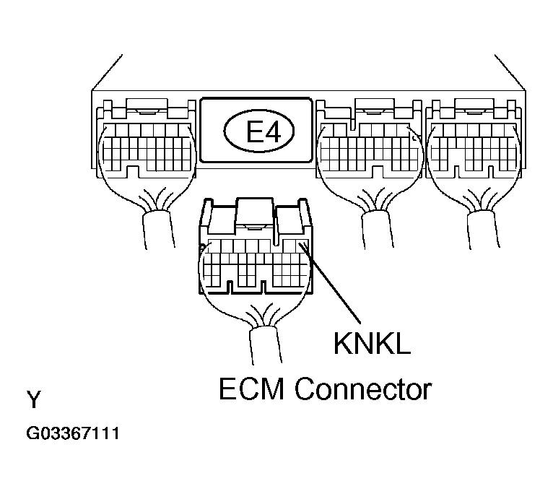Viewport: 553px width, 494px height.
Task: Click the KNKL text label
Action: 372,343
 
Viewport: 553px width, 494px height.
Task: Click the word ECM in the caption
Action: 251,389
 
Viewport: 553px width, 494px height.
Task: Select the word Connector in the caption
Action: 363,389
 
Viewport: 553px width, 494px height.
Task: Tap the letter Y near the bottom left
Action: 34,399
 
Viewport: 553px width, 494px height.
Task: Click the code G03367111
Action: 73,433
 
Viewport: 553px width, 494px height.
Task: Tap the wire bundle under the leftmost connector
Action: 159,230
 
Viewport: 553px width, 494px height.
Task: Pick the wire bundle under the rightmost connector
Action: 483,230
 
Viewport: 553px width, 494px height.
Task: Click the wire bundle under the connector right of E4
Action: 378,230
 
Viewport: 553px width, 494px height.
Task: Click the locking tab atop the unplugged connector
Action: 255,214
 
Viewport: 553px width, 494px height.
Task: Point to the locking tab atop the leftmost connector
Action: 147,108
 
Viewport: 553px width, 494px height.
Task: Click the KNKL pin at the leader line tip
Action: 302,246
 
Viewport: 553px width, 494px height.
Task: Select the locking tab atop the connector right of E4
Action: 374,108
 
